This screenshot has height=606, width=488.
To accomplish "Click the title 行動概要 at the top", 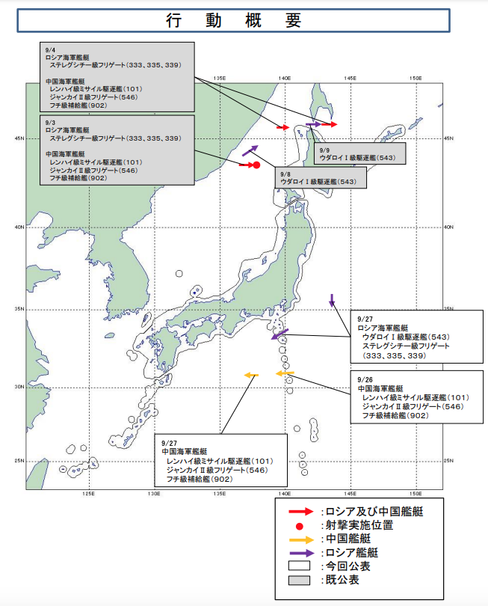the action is tap(234, 20).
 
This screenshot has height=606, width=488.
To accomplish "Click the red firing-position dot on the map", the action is tap(256, 165).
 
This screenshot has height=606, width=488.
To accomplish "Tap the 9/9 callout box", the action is tap(359, 153).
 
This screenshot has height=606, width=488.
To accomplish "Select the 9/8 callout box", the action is tap(321, 178).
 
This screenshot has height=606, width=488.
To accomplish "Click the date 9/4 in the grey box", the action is tap(50, 50).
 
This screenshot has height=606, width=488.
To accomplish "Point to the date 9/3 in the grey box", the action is tap(50, 123).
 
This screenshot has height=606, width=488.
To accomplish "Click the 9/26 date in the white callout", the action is tap(365, 380).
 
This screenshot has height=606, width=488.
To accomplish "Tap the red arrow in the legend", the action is tap(301, 512).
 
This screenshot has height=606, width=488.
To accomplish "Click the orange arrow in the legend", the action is tap(301, 540).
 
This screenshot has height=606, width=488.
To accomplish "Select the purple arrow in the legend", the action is tap(301, 554).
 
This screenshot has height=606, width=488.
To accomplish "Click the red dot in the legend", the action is tap(299, 526).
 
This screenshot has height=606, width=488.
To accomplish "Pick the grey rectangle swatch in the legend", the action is tap(299, 581).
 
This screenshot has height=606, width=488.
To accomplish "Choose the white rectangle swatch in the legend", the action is tap(299, 566).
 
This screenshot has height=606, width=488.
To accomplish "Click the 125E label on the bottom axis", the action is tap(88, 494).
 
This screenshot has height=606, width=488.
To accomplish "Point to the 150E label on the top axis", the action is tap(416, 79).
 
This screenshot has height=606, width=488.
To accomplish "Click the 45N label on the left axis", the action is tap(19, 138).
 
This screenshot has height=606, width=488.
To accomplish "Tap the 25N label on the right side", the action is tap(448, 461).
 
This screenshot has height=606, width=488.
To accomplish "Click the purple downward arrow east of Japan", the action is tap(332, 301).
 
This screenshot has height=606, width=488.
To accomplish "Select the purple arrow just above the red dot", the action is tap(250, 150).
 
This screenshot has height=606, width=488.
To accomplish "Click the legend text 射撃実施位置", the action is tap(359, 526).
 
